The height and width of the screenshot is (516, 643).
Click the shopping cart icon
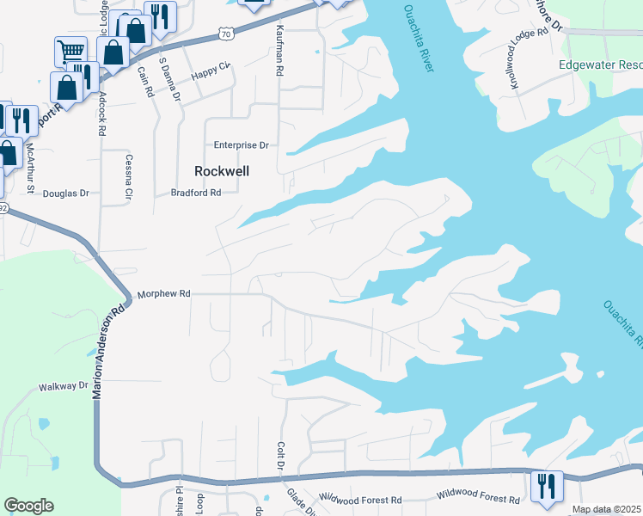70,51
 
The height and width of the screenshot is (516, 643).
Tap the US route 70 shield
225,33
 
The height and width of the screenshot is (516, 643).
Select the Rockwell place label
222,171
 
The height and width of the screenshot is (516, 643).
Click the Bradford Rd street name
197,193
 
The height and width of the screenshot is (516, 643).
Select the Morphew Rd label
163,293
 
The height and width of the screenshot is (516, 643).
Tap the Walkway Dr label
64,387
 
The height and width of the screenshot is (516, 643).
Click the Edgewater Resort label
600,65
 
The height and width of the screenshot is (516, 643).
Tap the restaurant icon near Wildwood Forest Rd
546,486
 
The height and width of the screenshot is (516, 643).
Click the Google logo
28,506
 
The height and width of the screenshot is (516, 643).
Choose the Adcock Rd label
101,113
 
